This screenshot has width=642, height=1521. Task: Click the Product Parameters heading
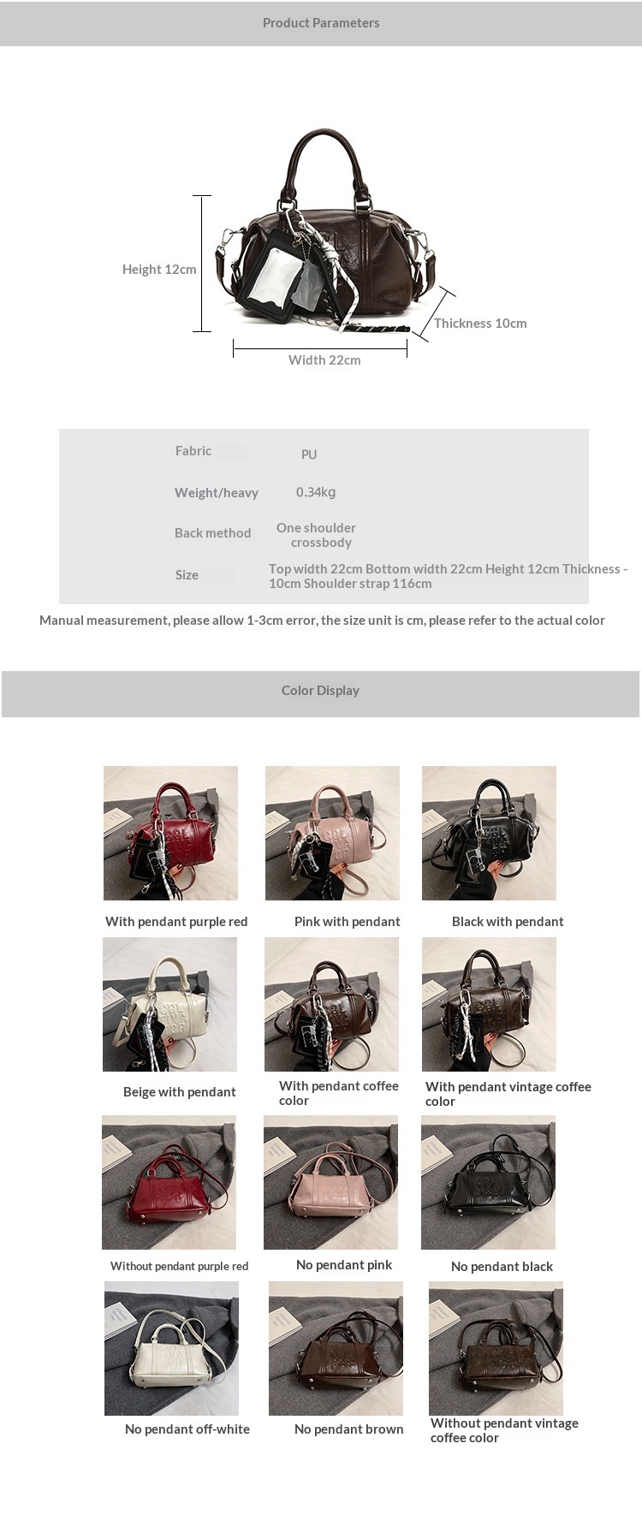coord(321,23)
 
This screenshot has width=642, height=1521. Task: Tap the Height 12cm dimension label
coord(159,270)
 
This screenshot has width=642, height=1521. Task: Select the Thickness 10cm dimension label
coord(480,324)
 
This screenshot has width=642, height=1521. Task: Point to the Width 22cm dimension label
coord(324,360)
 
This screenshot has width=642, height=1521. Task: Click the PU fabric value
coord(309,455)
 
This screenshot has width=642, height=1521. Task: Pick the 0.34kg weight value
coord(316,492)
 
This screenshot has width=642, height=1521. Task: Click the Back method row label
coord(213,533)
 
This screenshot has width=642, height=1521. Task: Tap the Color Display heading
coord(320,691)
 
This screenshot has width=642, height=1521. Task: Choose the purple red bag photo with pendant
coord(170,833)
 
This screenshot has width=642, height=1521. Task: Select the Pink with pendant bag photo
coord(332,833)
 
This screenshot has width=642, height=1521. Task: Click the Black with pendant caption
coord(508,922)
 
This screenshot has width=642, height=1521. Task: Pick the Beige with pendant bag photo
coord(169,1004)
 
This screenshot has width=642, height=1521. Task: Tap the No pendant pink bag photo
coord(330,1182)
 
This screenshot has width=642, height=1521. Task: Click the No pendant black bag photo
coord(488,1182)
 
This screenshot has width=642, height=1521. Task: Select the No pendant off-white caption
coord(187,1429)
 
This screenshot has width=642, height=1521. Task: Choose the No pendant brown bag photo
coord(336,1348)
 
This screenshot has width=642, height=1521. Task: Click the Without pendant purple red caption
coord(179,1267)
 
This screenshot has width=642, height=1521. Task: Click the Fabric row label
coord(193,451)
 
